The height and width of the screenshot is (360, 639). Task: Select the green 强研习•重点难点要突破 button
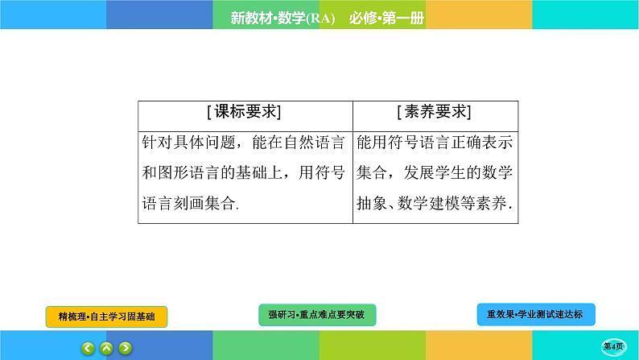pyautogui.click(x=316, y=314)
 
